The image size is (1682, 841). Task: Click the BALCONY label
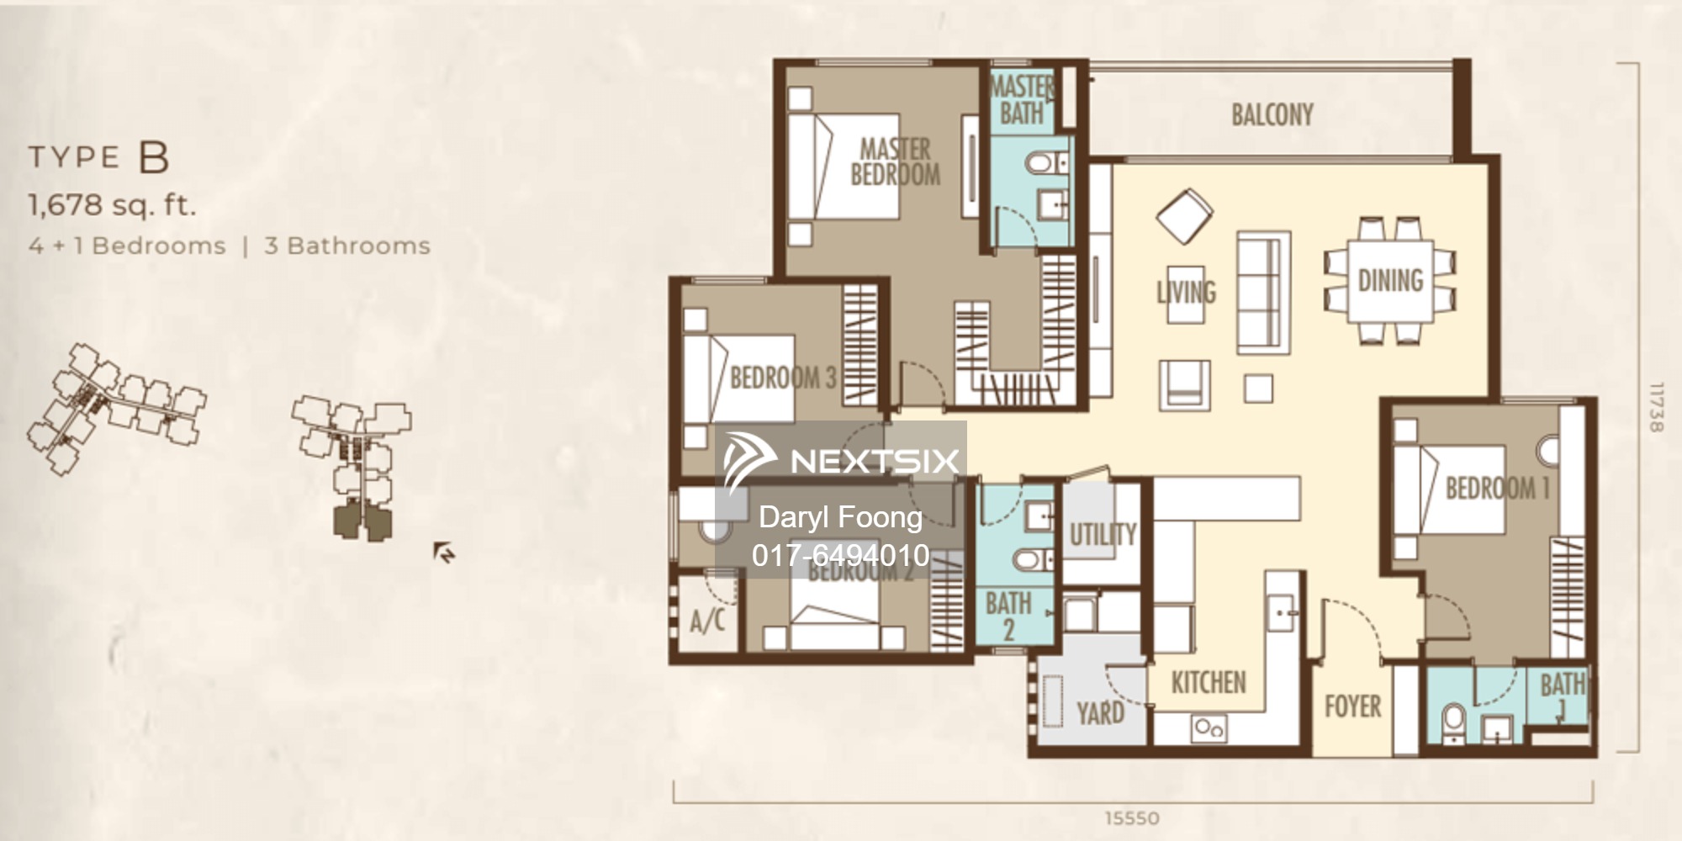coord(1272,115)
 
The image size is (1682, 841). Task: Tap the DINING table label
coord(1390,281)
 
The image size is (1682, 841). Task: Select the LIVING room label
coord(1186,292)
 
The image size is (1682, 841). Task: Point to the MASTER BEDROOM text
coord(895,162)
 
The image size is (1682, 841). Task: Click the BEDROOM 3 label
coord(782,378)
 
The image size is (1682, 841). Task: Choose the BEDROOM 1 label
coord(1497,488)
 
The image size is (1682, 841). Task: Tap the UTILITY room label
coord(1103,534)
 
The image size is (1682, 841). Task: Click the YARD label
coord(1100,713)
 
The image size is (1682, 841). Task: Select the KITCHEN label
coord(1209,682)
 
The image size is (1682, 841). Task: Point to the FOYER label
coord(1352,706)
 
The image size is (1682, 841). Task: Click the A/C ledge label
coord(707,621)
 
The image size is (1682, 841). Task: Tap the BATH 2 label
coord(1008,616)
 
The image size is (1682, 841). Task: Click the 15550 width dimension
coord(1132,817)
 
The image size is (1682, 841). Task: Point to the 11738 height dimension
coord(1655,408)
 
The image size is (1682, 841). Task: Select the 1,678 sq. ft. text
coord(112,204)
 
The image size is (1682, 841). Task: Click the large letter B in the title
coord(155,157)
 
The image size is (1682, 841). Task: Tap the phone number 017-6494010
coord(840,555)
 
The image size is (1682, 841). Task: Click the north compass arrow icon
coord(444,553)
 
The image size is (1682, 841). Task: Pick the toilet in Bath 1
coord(1453,722)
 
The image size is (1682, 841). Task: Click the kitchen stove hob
coord(1209,727)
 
